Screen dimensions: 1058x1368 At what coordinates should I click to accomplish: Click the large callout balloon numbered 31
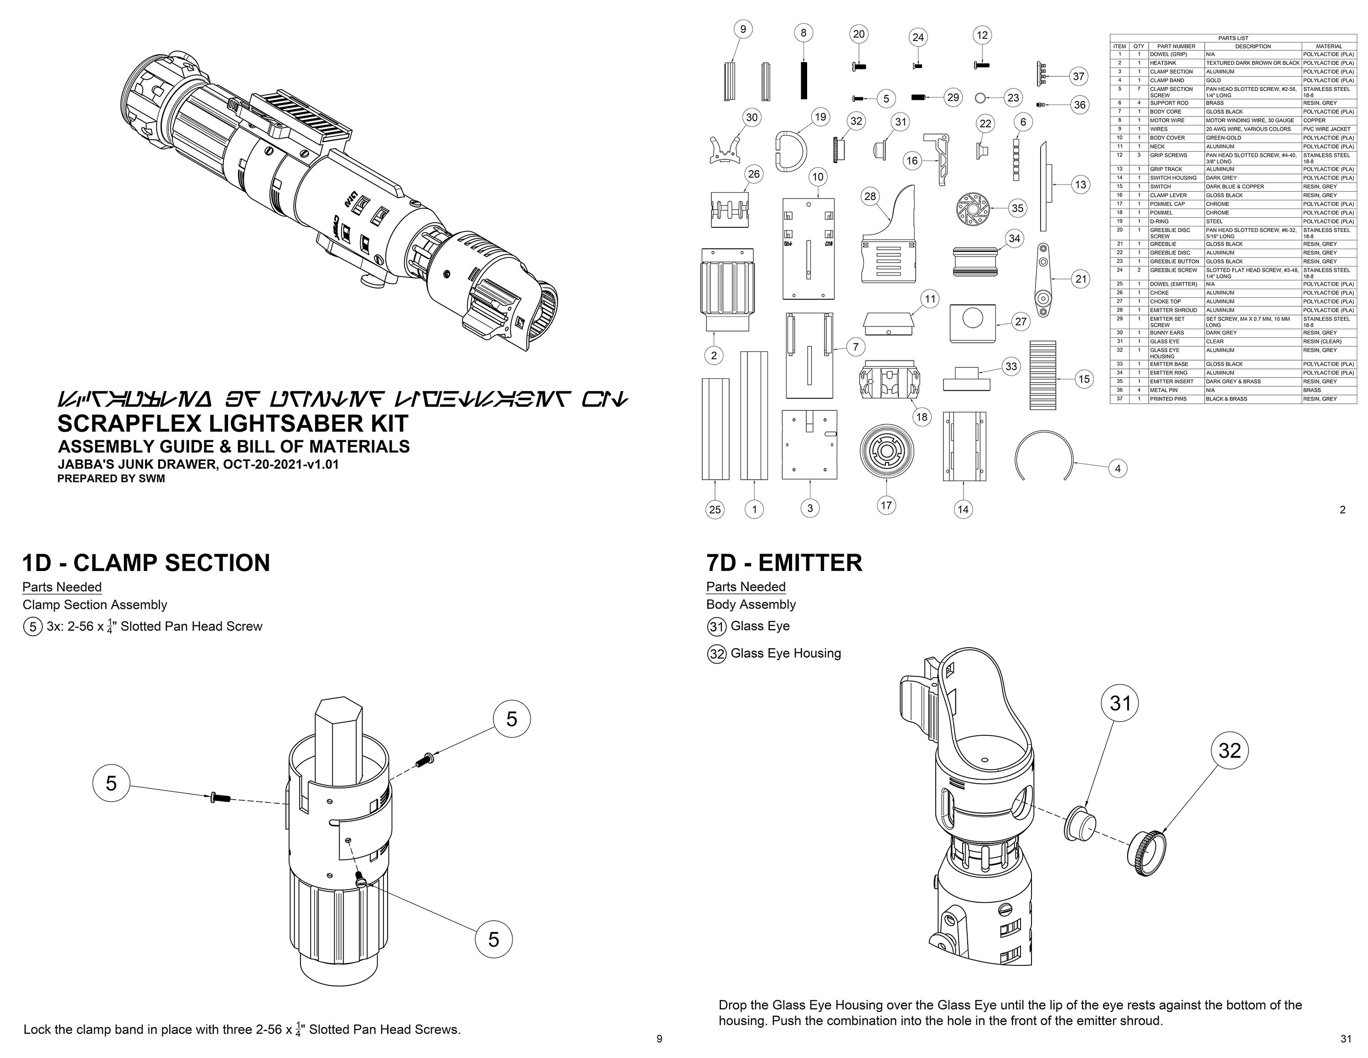click(x=1120, y=703)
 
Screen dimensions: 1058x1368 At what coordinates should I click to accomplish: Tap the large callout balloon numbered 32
click(x=1229, y=750)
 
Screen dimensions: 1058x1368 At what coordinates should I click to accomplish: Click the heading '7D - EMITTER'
click(x=783, y=562)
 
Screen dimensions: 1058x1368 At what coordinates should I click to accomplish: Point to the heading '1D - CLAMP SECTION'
click(x=146, y=562)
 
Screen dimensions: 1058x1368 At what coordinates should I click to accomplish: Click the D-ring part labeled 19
click(x=791, y=151)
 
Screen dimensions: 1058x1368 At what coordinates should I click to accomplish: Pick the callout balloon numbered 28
click(x=870, y=196)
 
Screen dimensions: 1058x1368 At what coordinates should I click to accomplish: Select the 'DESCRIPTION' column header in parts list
click(x=1253, y=47)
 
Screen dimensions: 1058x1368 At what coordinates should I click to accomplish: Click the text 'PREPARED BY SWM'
click(x=111, y=478)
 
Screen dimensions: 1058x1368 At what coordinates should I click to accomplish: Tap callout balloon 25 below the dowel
click(x=715, y=509)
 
